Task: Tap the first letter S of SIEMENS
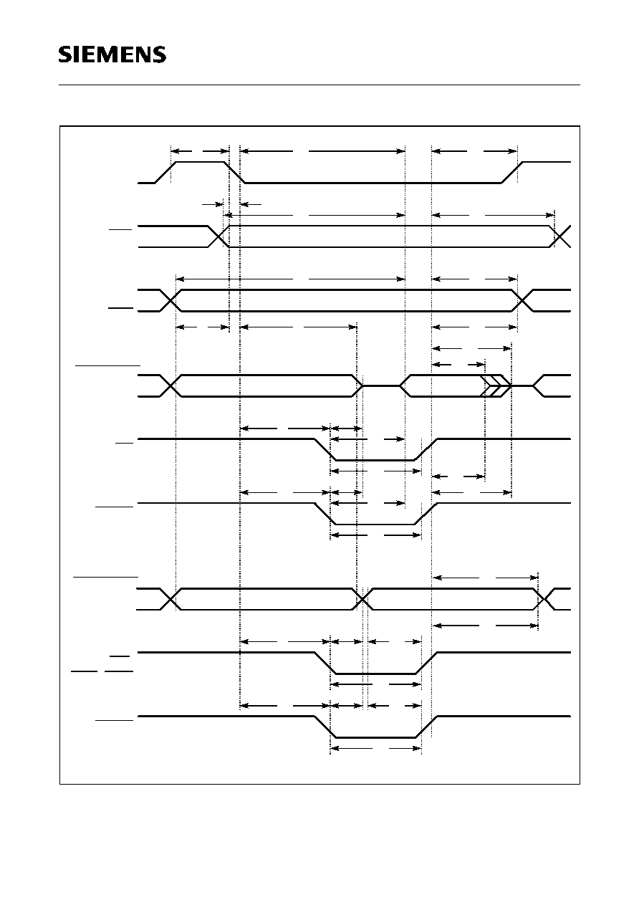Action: coord(65,54)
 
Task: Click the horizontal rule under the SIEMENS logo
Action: coord(319,85)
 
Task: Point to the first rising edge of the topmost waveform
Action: coord(165,173)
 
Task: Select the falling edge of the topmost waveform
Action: coord(235,173)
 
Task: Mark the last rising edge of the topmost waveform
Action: coord(512,173)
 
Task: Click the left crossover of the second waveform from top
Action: coord(218,236)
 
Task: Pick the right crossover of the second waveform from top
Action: coord(560,236)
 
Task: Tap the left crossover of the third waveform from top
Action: coord(171,300)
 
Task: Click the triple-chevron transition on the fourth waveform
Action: coord(496,386)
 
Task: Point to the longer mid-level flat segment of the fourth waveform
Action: coord(381,386)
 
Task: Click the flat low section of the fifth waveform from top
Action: coord(375,460)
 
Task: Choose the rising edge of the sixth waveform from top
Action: coord(426,514)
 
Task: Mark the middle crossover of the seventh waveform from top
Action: coord(363,600)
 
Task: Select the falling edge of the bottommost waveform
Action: coord(325,727)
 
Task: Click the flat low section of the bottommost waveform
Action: coord(375,738)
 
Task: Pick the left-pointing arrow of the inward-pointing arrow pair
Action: coord(251,204)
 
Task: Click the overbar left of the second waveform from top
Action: coord(120,230)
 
